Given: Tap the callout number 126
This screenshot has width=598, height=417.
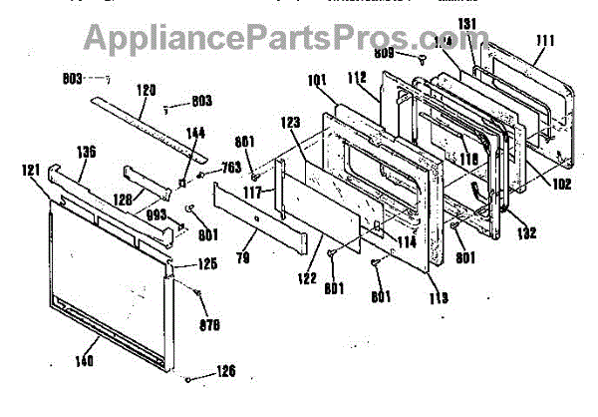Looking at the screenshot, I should tap(227, 372).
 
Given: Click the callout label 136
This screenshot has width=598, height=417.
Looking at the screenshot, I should tap(87, 153).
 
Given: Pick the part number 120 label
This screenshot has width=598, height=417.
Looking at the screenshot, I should tap(146, 90).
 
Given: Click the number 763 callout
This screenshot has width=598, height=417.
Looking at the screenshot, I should tap(231, 167).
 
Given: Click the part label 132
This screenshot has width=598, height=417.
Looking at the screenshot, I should tap(527, 233).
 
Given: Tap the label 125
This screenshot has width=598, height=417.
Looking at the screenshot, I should tap(205, 264).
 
